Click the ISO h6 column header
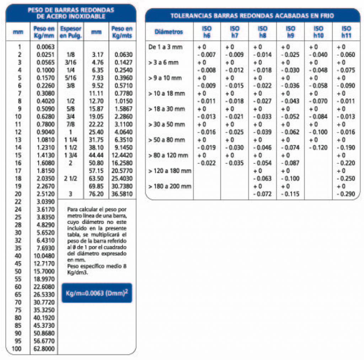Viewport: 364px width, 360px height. (x=207, y=32)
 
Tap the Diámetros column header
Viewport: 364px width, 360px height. (x=168, y=32)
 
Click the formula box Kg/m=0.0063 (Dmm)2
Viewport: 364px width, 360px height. (x=96, y=293)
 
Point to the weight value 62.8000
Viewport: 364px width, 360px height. (x=45, y=349)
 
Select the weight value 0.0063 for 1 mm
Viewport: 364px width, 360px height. (x=45, y=47)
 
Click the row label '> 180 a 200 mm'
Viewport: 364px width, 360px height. (x=170, y=186)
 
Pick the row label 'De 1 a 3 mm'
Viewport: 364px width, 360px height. (x=165, y=47)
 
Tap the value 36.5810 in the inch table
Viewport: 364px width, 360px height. (x=122, y=194)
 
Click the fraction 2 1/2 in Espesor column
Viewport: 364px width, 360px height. (x=70, y=179)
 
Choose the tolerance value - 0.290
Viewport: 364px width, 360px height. (x=346, y=194)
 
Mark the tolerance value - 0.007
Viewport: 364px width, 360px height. (x=207, y=55)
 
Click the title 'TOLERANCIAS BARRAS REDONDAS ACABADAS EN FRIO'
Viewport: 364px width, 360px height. (x=252, y=16)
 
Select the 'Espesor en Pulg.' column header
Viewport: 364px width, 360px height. (x=70, y=32)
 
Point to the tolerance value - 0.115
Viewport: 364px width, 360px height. (x=290, y=194)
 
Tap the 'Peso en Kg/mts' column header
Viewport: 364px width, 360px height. (x=122, y=32)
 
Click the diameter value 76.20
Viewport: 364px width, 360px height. (x=96, y=194)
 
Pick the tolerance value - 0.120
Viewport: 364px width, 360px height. (x=318, y=148)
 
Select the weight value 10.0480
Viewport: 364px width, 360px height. (x=45, y=256)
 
